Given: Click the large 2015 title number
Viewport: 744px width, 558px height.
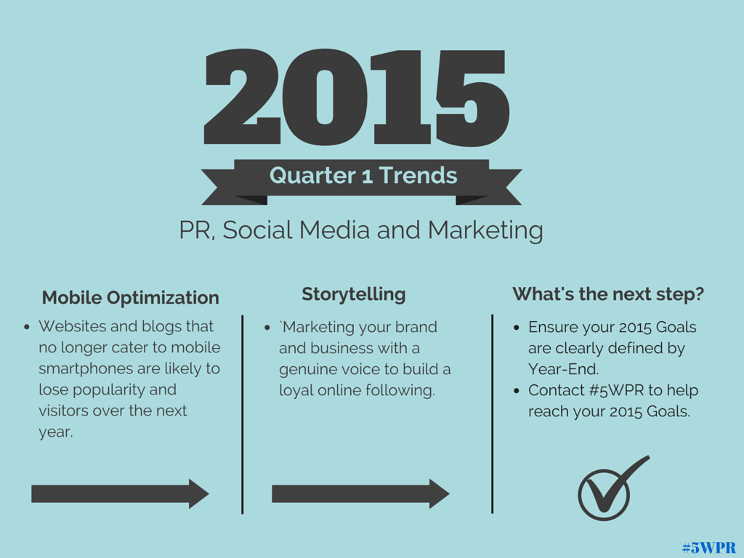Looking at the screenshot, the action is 357,97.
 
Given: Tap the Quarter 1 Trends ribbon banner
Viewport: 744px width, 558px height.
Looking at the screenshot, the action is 362,182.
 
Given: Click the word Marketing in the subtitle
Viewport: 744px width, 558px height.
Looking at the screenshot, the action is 485,231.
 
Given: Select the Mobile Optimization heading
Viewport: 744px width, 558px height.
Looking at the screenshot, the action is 131,298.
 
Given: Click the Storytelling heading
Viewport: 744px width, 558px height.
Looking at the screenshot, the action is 354,295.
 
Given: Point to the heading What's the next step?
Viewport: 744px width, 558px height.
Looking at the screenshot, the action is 608,294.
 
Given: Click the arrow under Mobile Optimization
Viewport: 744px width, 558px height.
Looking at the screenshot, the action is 120,493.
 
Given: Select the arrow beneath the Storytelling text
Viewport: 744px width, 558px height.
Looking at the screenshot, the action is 360,493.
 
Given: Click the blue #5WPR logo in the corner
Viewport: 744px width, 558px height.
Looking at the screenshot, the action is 709,548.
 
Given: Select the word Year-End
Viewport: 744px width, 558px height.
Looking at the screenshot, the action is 563,369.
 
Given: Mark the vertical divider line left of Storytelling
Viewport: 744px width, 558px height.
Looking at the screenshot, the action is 243,414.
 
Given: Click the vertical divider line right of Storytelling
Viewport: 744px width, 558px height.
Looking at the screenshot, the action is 493,413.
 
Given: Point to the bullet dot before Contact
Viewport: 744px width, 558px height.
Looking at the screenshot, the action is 517,391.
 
